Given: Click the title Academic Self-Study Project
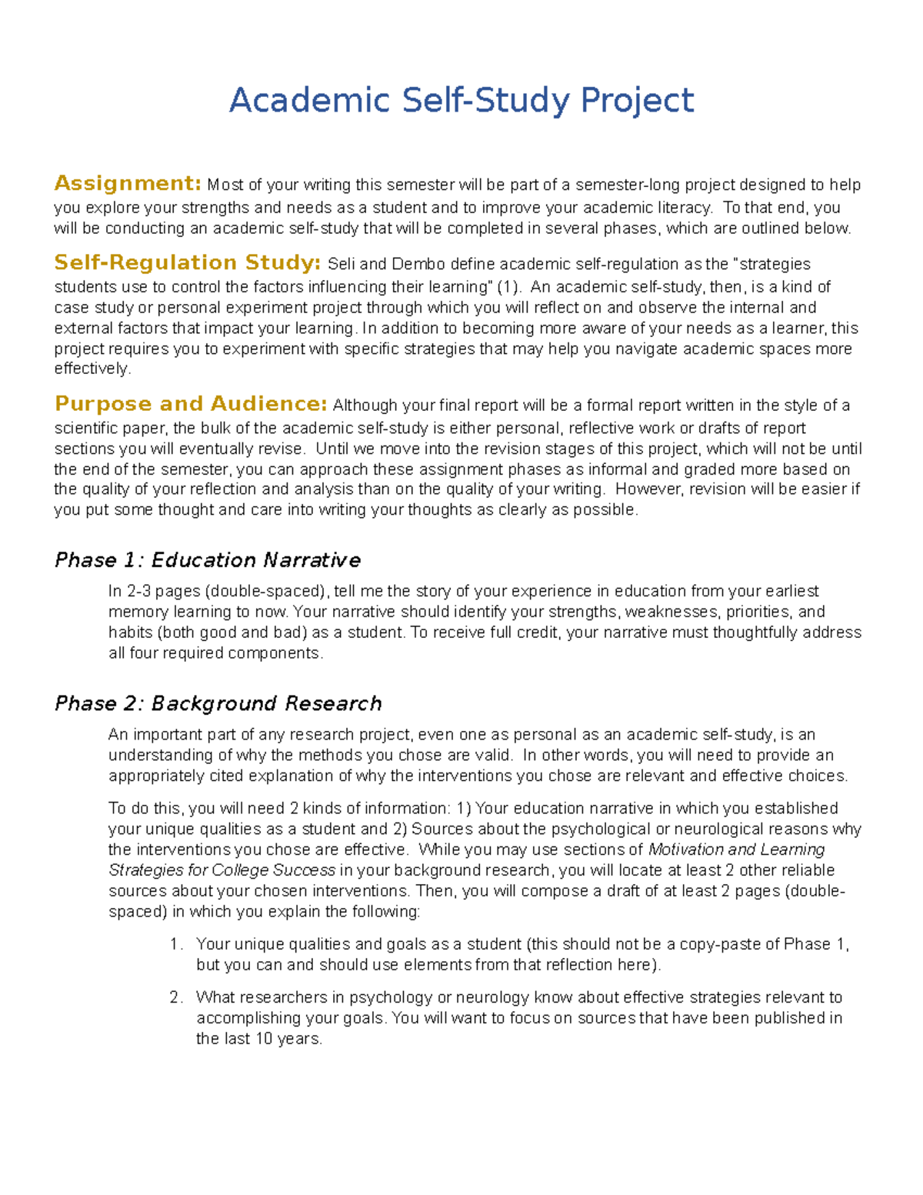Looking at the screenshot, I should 461,100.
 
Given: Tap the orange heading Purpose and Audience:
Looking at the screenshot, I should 192,404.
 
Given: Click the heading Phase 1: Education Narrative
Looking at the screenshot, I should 208,559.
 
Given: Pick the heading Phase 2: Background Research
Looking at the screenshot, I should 218,703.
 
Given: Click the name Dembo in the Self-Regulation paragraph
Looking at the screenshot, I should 418,264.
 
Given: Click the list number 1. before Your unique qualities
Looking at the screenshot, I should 176,944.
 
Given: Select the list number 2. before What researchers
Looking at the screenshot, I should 176,997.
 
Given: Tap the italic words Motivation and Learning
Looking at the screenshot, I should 737,850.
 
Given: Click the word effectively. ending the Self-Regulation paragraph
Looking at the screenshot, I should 93,369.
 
